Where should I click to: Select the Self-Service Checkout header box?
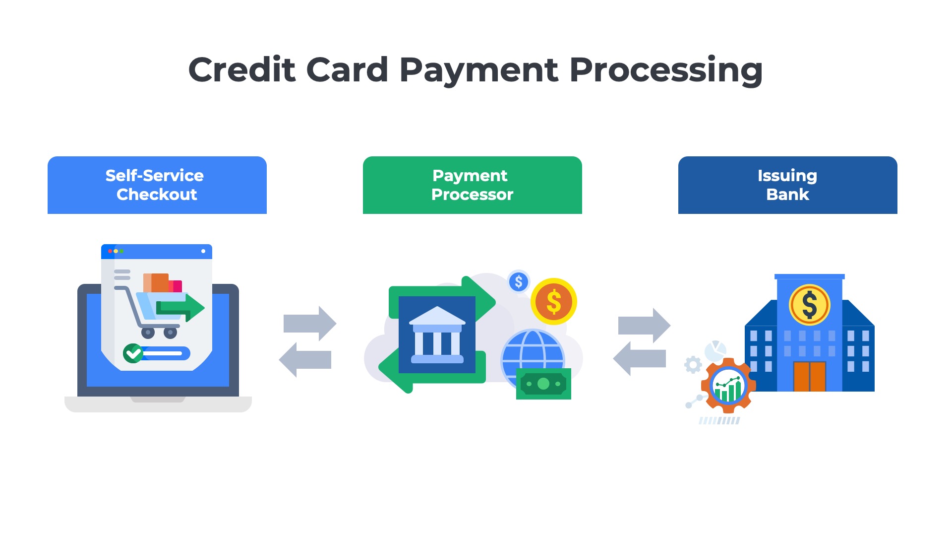point(157,185)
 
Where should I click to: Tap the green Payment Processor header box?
point(472,185)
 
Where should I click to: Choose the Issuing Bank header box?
point(787,185)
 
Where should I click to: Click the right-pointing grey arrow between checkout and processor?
point(310,324)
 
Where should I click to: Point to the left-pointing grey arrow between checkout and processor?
point(305,360)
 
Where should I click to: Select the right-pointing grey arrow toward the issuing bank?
point(645,326)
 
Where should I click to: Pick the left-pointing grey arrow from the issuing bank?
point(639,358)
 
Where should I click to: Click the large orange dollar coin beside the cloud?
point(553,301)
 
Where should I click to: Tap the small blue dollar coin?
point(519,282)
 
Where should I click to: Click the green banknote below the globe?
point(543,384)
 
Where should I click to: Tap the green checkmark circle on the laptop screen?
point(133,353)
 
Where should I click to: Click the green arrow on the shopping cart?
point(181,308)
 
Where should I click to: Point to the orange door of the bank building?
point(809,376)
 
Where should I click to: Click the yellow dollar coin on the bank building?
point(809,304)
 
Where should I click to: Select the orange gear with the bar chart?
point(728,386)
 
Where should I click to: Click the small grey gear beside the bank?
point(693,365)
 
